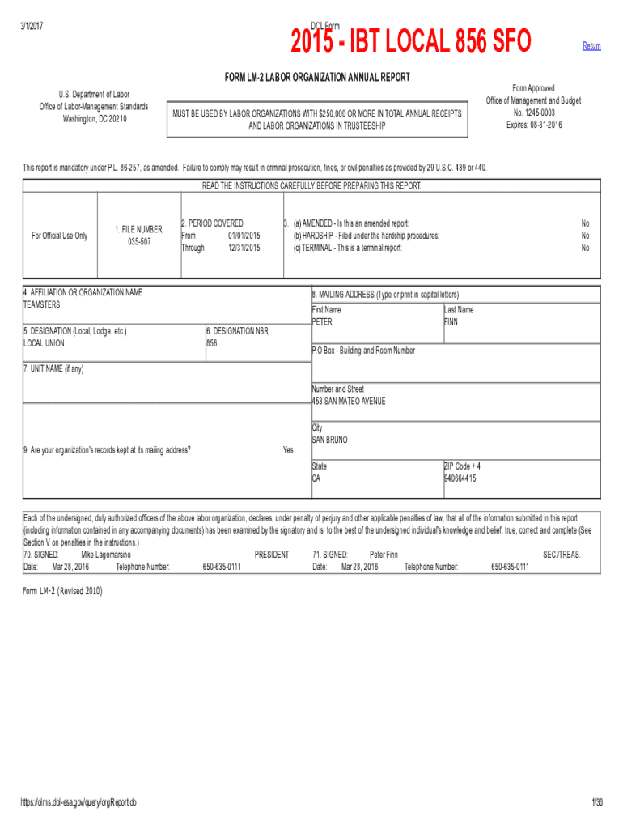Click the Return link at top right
pos(591,46)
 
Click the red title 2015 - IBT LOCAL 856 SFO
pos(411,40)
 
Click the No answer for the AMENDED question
pos(585,223)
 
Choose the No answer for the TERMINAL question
pos(585,248)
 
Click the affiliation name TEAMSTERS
pos(41,305)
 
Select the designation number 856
pos(212,343)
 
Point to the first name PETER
pos(322,322)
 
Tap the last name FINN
pos(451,322)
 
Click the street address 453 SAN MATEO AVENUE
pos(349,401)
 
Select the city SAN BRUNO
pos(329,440)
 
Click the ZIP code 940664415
pos(460,478)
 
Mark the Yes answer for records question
pos(288,450)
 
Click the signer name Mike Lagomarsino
pos(106,555)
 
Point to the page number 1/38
pos(597,802)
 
